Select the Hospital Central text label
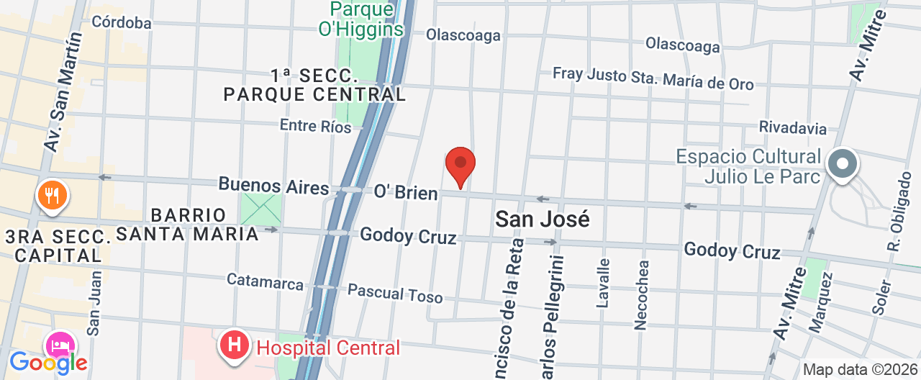click(x=327, y=348)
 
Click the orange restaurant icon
click(x=51, y=194)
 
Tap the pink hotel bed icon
click(x=61, y=345)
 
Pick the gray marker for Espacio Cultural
click(x=843, y=164)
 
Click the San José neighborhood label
click(x=542, y=219)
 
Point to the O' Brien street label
click(x=405, y=192)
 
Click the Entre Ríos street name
click(x=315, y=126)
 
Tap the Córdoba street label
click(x=122, y=22)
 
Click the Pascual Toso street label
click(x=395, y=293)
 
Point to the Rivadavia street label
click(x=792, y=127)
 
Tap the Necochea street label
click(x=641, y=294)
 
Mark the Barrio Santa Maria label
click(x=188, y=224)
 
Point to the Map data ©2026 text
click(x=860, y=370)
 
